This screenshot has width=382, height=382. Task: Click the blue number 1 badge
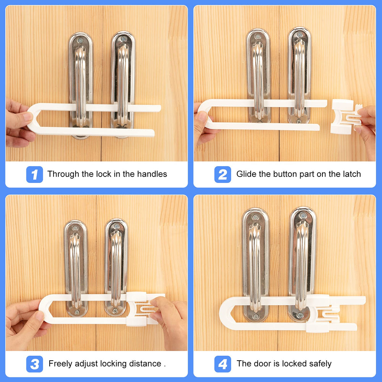34,175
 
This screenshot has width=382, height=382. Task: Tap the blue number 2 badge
223,175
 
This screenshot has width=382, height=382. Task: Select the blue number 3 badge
34,364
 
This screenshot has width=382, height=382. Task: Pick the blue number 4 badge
223,364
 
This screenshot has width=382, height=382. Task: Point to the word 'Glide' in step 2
246,174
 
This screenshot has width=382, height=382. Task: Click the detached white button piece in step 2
344,117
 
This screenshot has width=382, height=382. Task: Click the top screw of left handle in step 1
80,40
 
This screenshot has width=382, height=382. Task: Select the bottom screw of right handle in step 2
299,121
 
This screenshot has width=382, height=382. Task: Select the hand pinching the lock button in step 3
170,317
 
